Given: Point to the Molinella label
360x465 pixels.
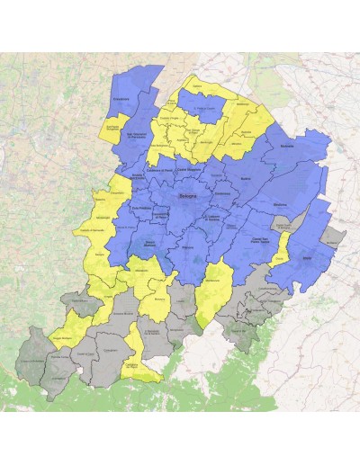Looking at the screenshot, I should pyautogui.click(x=288, y=147).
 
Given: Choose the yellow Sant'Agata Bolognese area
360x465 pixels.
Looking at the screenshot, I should pyautogui.click(x=113, y=130).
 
